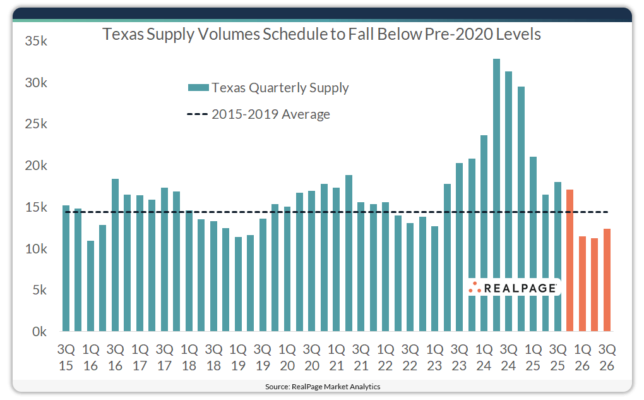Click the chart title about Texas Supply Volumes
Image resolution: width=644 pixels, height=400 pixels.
(x=321, y=34)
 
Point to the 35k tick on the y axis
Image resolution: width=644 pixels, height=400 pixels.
(x=36, y=42)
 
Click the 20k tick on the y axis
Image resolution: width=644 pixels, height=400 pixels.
(x=36, y=166)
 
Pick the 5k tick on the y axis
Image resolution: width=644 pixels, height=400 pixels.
(x=36, y=291)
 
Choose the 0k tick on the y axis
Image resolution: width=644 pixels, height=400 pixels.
(x=36, y=332)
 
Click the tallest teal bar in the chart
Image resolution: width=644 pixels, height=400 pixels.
(x=496, y=195)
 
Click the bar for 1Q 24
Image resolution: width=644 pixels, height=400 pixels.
(x=484, y=233)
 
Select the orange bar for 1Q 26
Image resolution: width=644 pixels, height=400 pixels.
(x=583, y=284)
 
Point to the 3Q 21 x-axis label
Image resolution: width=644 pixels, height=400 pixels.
(x=361, y=357)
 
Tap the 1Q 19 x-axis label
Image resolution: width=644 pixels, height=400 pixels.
(x=238, y=357)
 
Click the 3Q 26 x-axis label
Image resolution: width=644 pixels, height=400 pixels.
(x=607, y=357)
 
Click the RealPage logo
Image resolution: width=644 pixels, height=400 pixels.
(x=513, y=288)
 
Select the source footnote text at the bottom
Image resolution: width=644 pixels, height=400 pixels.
(x=321, y=386)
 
